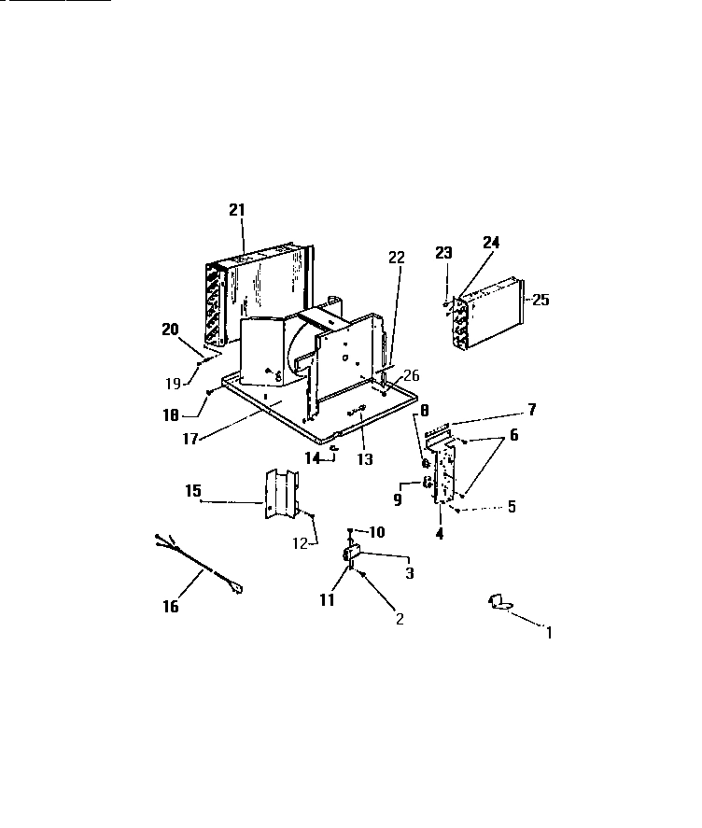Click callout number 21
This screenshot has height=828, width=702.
pos(236,210)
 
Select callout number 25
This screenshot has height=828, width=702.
pos(541,300)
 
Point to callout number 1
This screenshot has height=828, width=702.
pos(549,632)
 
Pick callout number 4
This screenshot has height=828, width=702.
pos(439,535)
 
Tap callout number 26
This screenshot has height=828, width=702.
pos(412,375)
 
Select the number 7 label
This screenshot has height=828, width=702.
pos(532,410)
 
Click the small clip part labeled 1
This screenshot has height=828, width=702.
pos(499,603)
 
